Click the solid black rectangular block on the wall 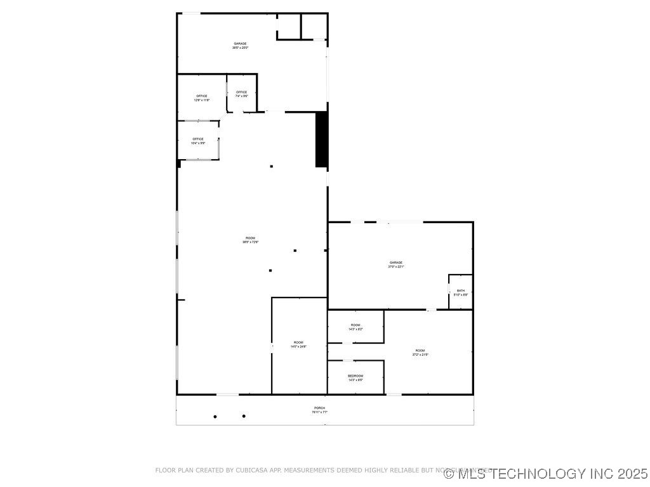click(x=321, y=140)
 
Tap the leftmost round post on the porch click(x=215, y=417)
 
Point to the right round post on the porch click(x=244, y=416)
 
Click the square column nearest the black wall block click(x=272, y=166)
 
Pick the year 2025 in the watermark click(x=632, y=473)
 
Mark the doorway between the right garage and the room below click(x=432, y=309)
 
